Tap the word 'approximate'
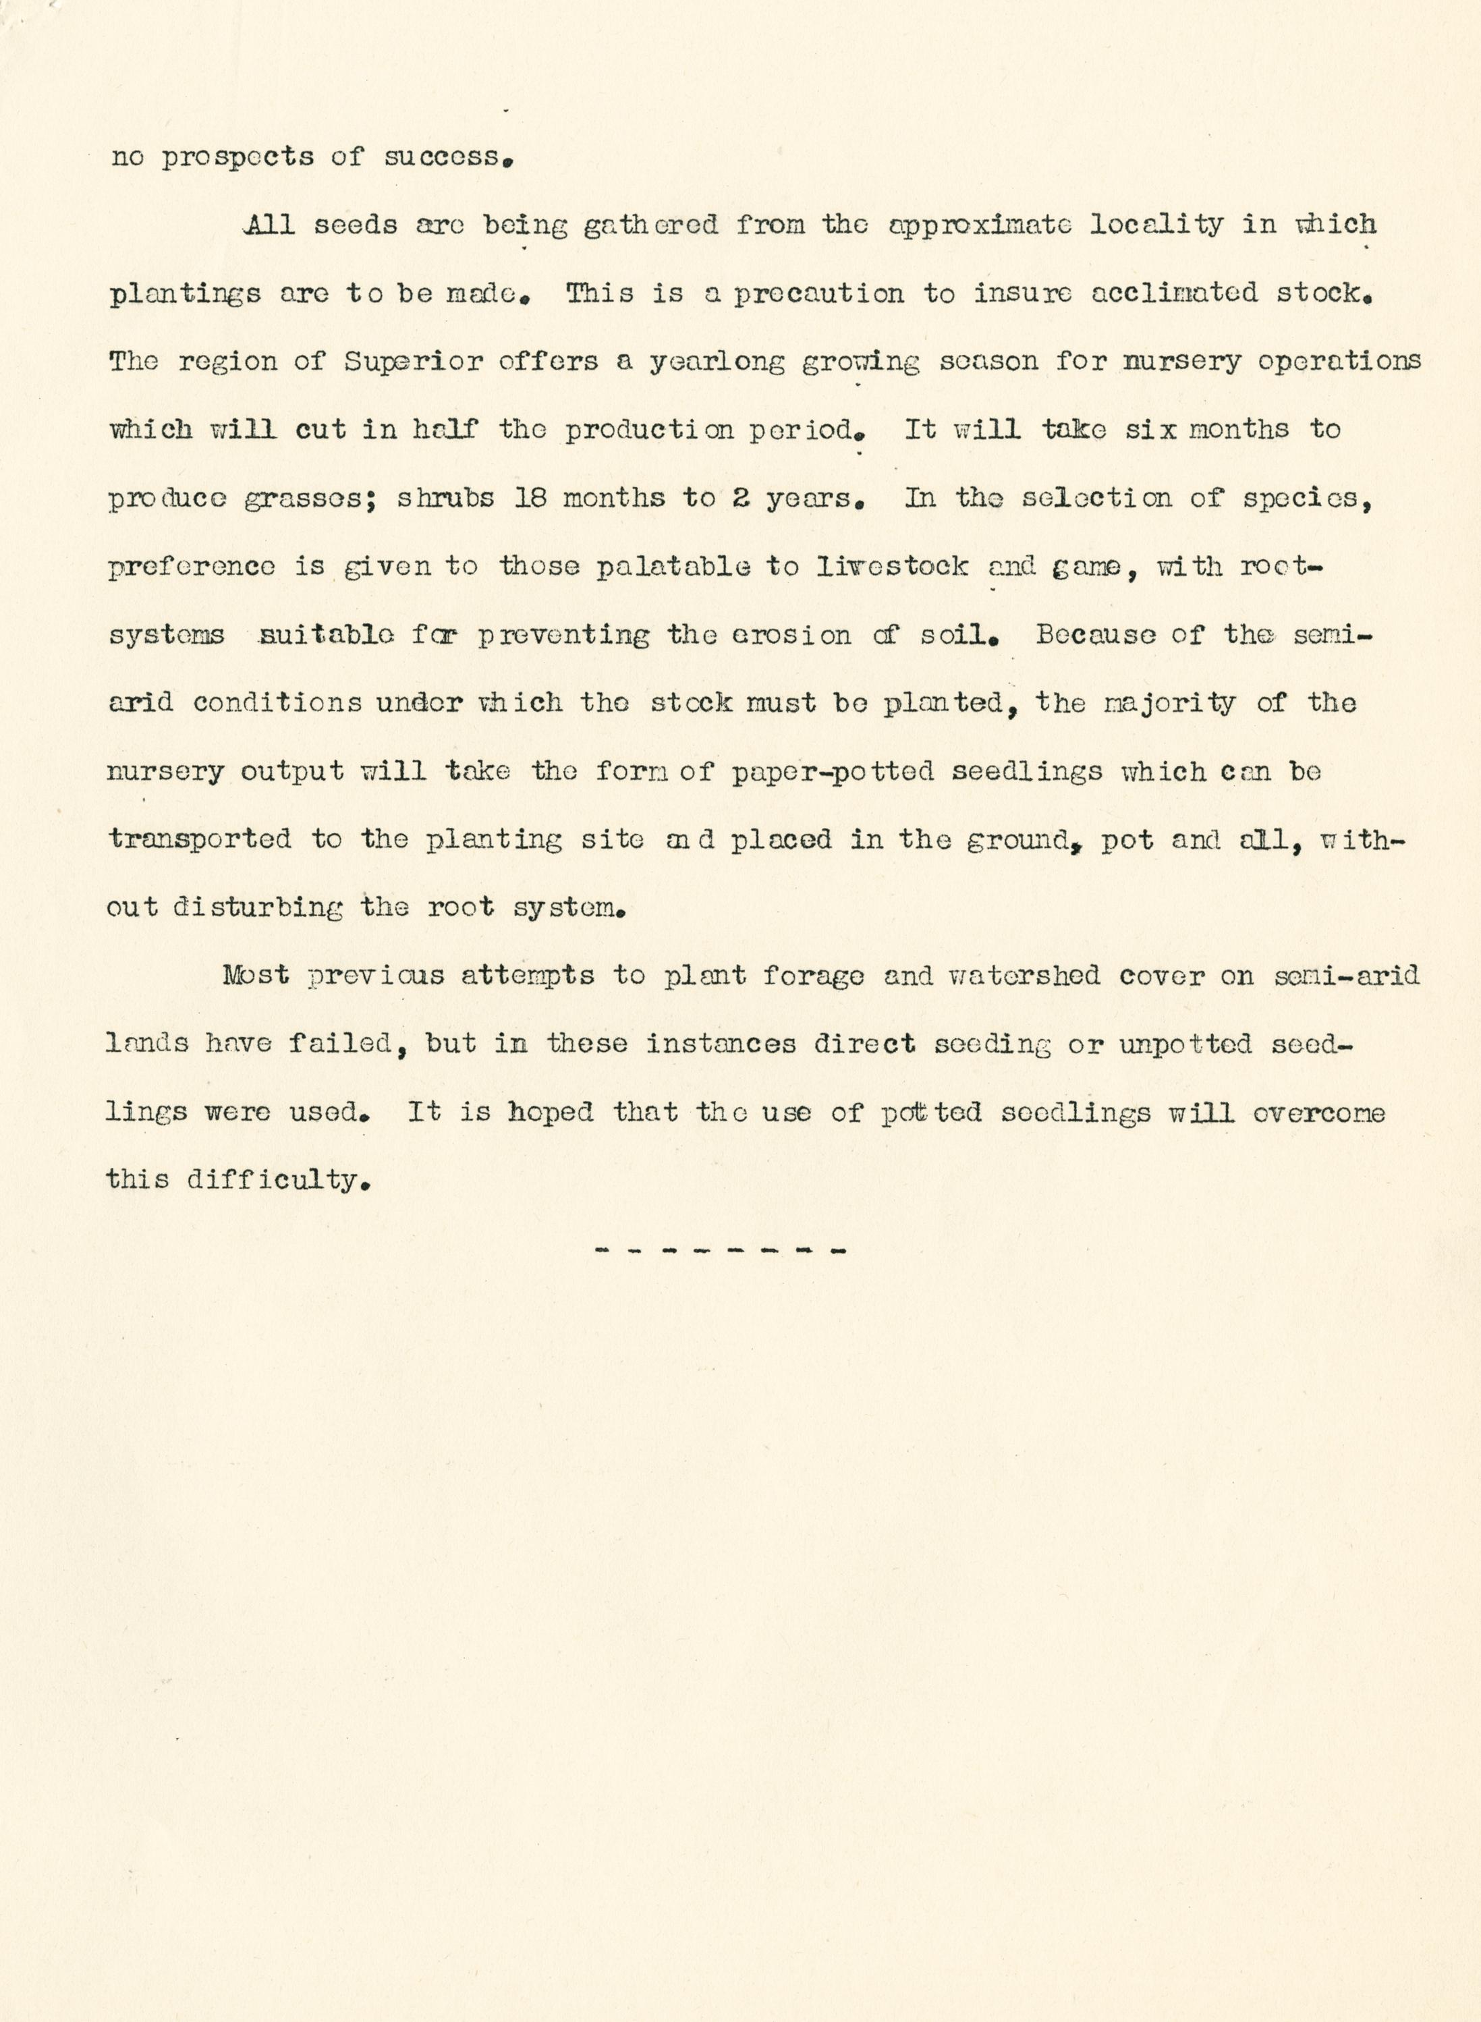coord(979,224)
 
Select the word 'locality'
coord(1156,224)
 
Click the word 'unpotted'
coord(1185,1044)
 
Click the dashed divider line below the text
coord(720,1249)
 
